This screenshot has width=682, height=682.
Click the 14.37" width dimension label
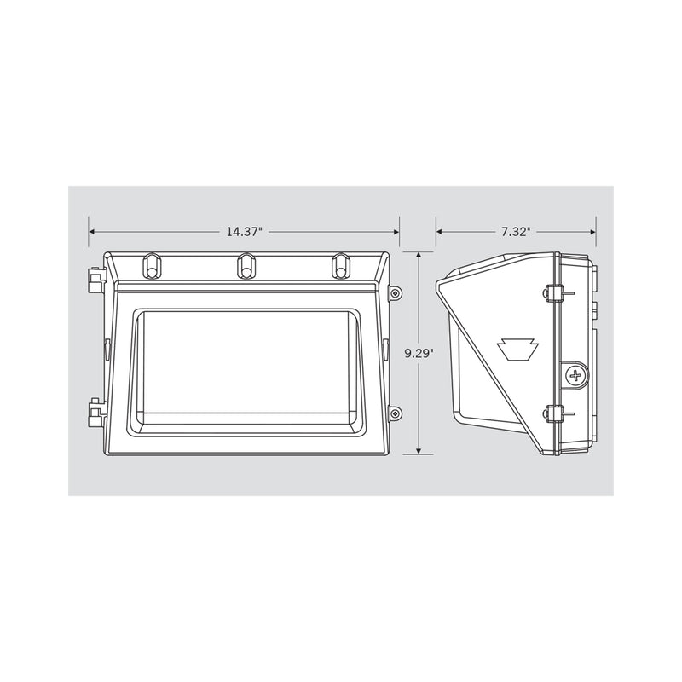click(244, 232)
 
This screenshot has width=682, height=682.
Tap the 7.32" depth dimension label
click(516, 232)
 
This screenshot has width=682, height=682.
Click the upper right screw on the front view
click(394, 293)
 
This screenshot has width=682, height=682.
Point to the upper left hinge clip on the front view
click(93, 279)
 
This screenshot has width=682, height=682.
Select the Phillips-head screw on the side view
click(577, 374)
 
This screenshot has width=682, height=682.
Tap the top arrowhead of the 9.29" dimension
click(419, 255)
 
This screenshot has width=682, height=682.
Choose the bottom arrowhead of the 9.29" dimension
click(419, 451)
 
